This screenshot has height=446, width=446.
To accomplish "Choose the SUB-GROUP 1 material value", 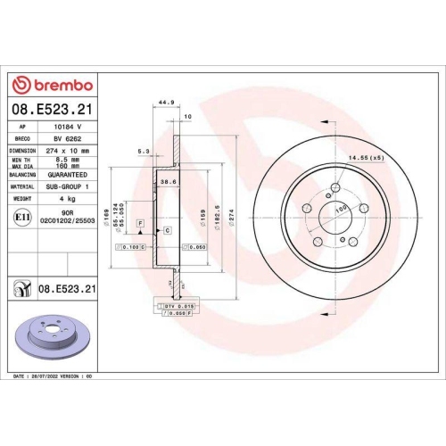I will [x=73, y=188].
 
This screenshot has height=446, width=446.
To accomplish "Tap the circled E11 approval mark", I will [x=22, y=217].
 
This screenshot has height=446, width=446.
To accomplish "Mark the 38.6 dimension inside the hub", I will [x=164, y=181].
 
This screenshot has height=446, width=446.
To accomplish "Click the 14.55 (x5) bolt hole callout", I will [x=367, y=158].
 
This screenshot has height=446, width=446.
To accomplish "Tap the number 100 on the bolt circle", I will [x=341, y=211].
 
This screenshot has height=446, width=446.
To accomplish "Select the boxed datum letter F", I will [x=140, y=220].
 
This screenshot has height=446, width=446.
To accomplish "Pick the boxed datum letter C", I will [x=168, y=230].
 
